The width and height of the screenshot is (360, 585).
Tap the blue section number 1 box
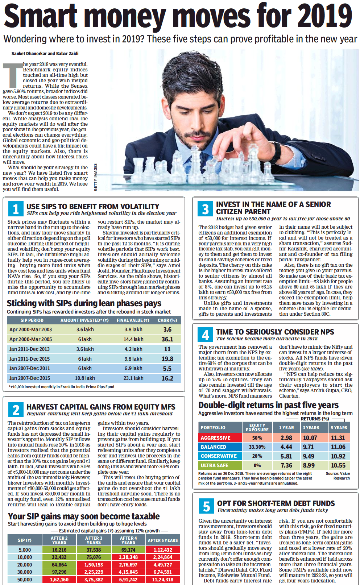click(16, 209)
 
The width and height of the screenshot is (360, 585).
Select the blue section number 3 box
click(205, 209)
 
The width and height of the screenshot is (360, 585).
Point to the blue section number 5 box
click(206, 506)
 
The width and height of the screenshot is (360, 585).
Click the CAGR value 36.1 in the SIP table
click(167, 339)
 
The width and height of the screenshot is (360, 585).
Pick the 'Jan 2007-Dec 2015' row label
click(30, 378)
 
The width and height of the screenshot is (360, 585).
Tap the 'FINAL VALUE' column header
click(133, 320)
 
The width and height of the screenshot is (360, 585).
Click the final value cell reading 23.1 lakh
click(133, 378)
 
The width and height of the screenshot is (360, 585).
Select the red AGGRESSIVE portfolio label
click(216, 438)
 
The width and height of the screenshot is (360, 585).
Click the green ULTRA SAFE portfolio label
click(215, 465)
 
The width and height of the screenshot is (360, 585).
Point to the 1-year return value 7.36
click(286, 465)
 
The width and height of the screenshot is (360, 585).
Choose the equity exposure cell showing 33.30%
click(257, 447)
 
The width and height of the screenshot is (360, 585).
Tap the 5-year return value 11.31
click(338, 438)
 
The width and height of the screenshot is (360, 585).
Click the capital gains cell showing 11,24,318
click(162, 580)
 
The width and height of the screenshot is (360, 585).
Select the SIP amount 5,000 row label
click(25, 550)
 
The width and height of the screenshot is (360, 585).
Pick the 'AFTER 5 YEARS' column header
click(162, 540)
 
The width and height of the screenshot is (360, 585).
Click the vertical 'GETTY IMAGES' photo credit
click(96, 177)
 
